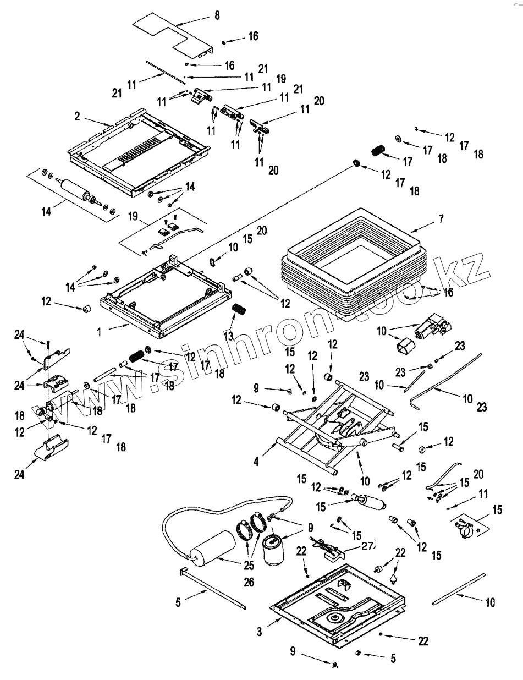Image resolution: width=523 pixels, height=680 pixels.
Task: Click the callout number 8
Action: coord(217,15)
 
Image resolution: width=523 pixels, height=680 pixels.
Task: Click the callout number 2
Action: coord(78,116)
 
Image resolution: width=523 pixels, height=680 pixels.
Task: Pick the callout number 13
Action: coord(229,334)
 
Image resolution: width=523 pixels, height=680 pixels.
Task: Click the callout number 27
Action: coord(368,546)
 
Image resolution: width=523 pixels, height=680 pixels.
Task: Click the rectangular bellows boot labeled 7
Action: coord(353,259)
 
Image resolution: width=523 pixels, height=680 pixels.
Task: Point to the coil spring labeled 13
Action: coord(239,309)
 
